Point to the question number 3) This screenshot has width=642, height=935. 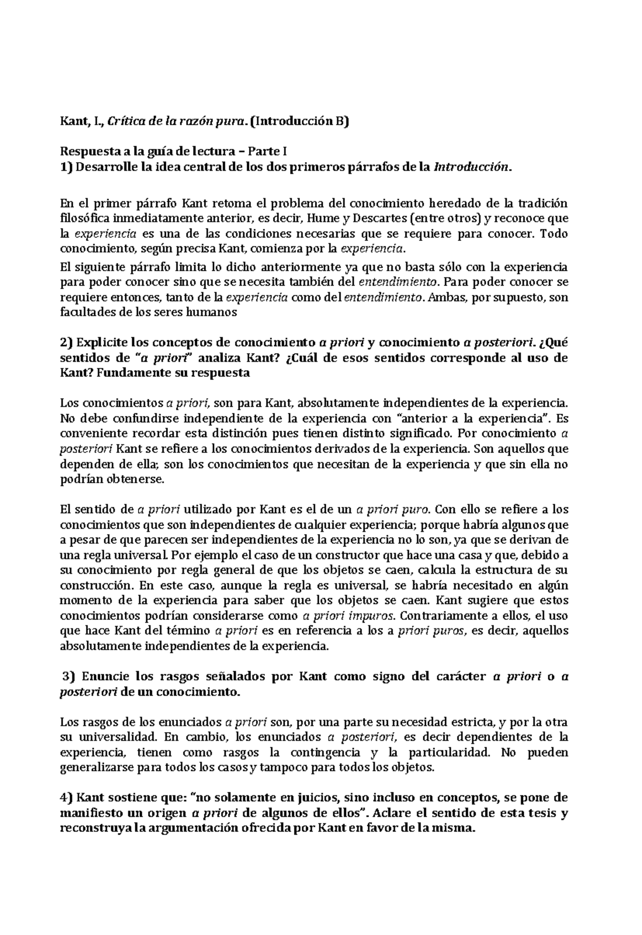point(70,676)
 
